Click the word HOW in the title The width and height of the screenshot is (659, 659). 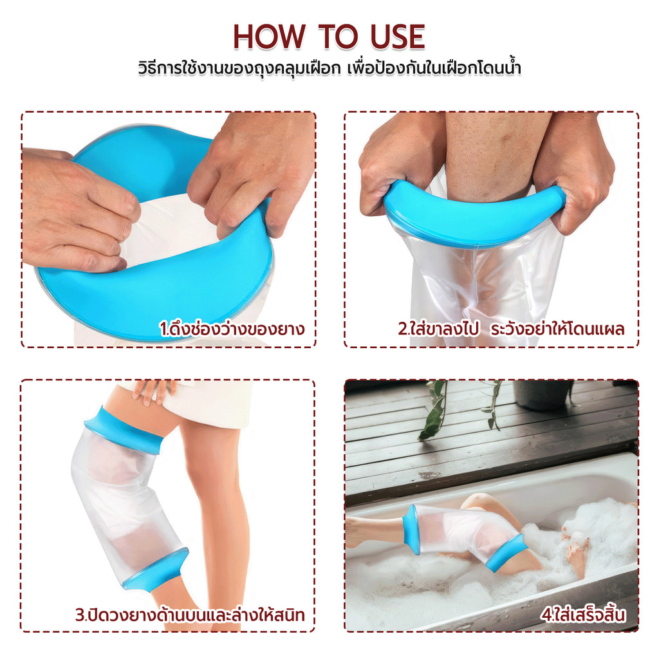point(270,37)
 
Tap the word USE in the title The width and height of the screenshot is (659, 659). point(398,37)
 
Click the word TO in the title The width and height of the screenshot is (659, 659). point(339,37)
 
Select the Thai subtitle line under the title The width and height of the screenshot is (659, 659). point(329,68)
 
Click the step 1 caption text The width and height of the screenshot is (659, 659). point(232,328)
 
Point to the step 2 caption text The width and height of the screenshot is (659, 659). point(511,328)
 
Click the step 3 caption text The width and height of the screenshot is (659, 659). point(190,614)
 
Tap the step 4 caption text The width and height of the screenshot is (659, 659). point(584,615)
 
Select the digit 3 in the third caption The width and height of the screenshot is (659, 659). point(80,615)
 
